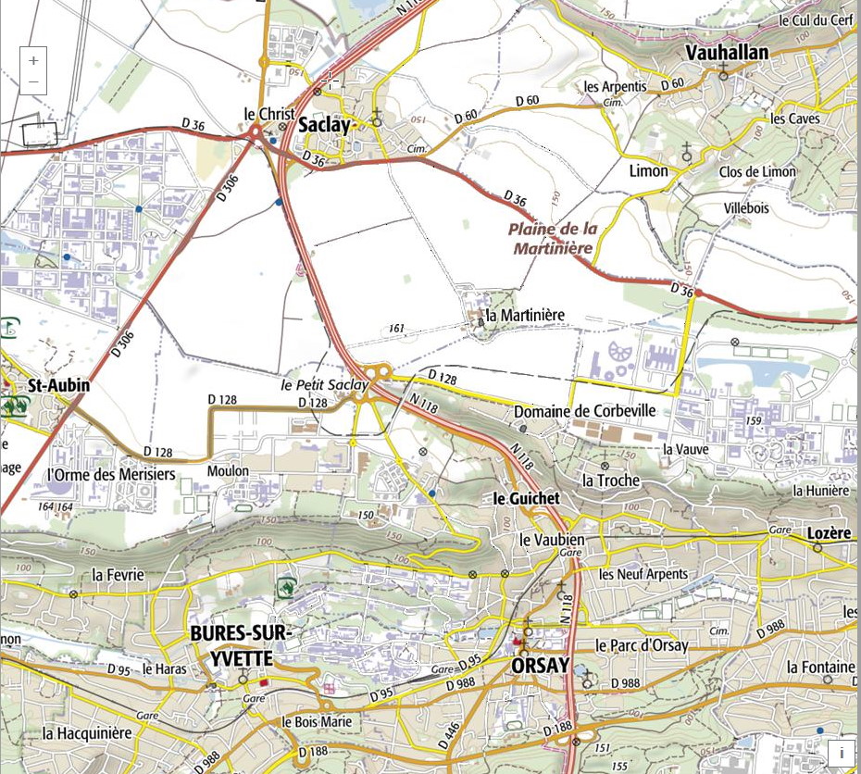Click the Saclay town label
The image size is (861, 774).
[x=325, y=125]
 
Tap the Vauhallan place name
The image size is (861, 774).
[x=727, y=53]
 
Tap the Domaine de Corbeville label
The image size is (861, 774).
[x=584, y=410]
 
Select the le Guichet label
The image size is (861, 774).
[x=526, y=498]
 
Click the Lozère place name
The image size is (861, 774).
[x=828, y=533]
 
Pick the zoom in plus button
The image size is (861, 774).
[x=33, y=60]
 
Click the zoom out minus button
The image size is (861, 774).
[x=33, y=82]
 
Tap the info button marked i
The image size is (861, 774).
[x=841, y=753]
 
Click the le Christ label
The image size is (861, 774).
[x=268, y=113]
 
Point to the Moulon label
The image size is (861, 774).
[x=228, y=470]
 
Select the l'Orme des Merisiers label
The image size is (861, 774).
[x=110, y=474]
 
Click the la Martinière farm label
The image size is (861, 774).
[x=524, y=315]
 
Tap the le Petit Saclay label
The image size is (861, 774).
[x=324, y=384]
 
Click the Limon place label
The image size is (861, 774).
[x=648, y=171]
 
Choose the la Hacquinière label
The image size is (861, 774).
[x=87, y=732]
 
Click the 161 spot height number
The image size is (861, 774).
[x=397, y=328]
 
